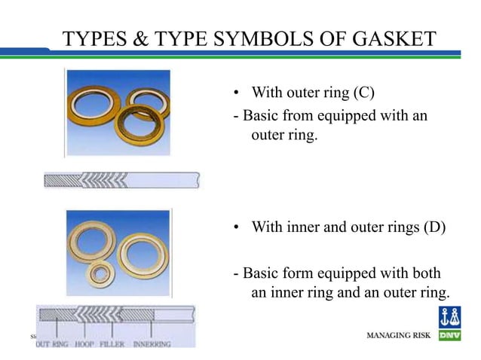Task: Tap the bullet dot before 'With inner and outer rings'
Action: (x=236, y=227)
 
